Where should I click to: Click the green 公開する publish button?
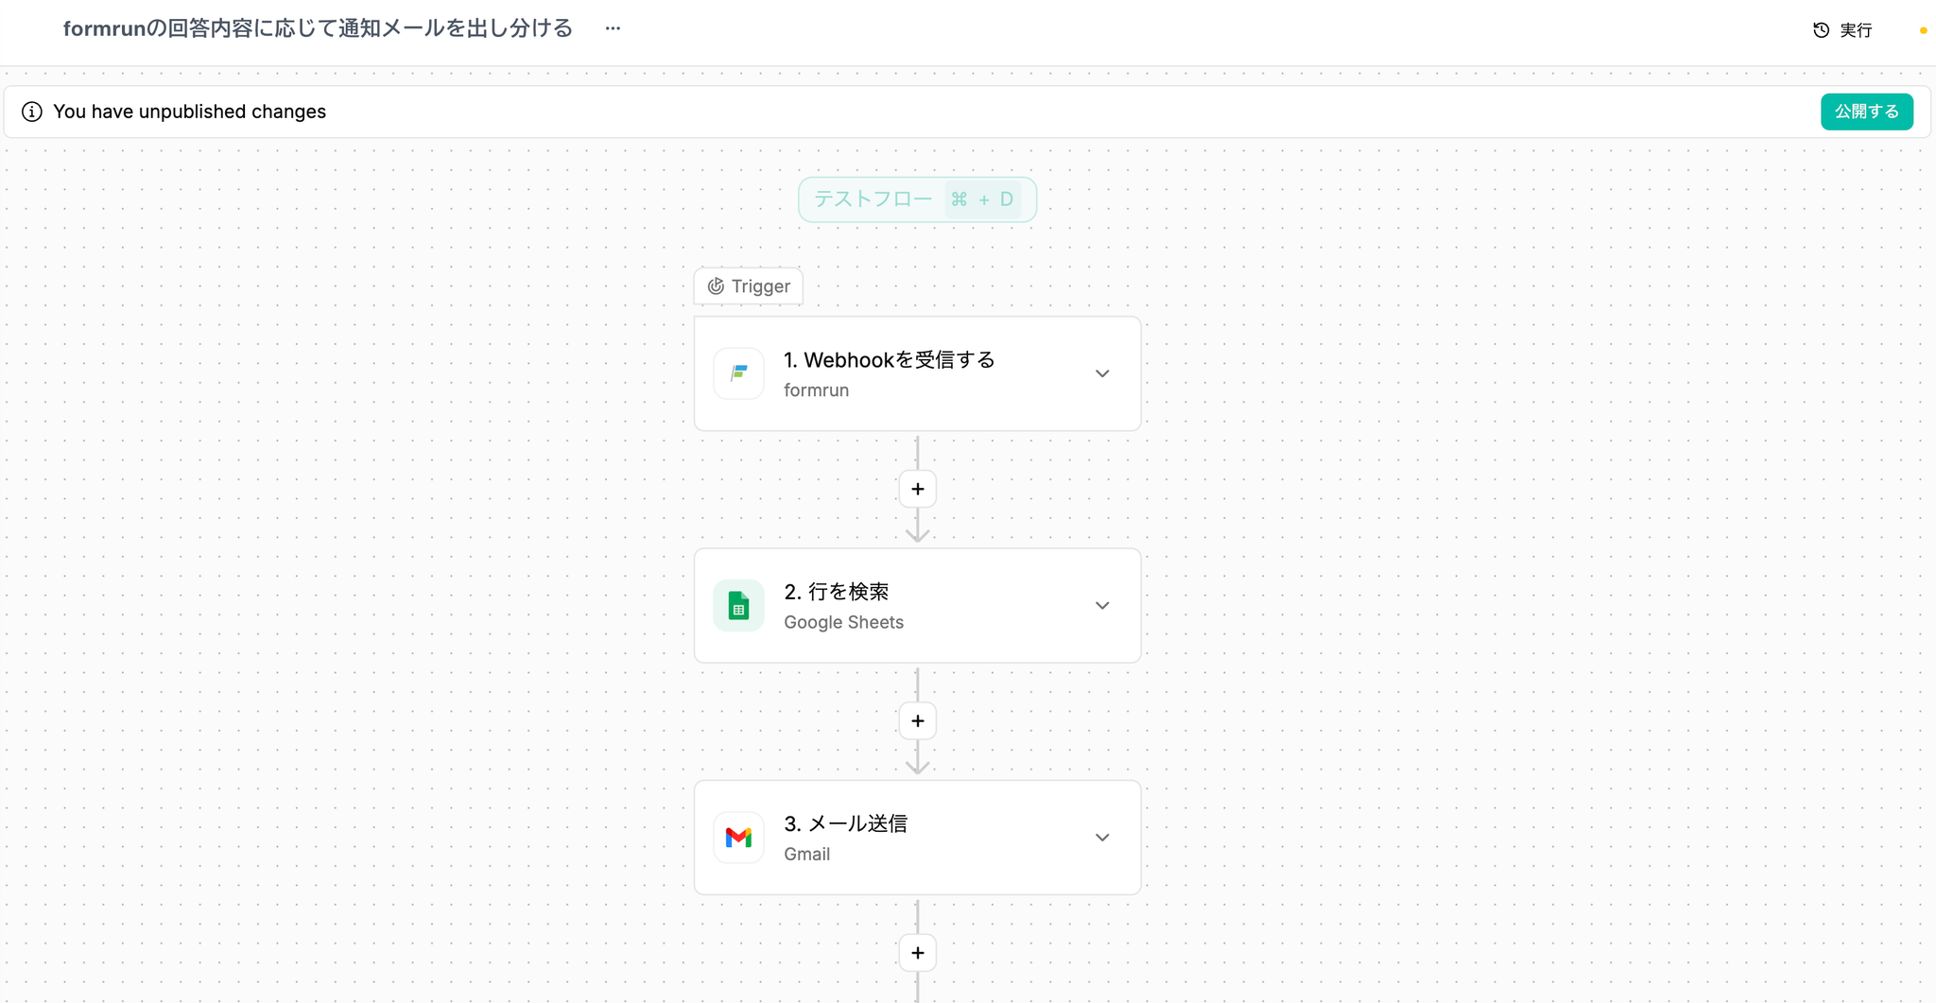click(1866, 112)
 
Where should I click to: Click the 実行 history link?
click(1842, 30)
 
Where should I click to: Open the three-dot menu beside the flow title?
click(613, 28)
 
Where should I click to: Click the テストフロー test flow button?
click(917, 199)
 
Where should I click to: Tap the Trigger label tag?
click(749, 286)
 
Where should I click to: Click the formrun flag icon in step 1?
click(738, 373)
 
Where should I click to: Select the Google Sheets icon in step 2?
click(738, 605)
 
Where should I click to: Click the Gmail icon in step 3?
click(738, 838)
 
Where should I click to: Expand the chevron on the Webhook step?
click(1102, 373)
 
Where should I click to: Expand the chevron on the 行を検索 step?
click(1102, 605)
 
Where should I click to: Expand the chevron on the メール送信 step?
click(1102, 838)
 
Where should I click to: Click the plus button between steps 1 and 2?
click(917, 489)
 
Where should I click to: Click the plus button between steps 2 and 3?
click(917, 721)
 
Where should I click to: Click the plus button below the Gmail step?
click(917, 953)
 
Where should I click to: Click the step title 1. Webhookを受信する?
click(889, 360)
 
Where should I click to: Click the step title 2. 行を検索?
click(837, 592)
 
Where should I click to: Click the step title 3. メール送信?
click(845, 823)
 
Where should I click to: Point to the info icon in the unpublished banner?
click(32, 112)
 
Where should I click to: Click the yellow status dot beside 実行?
click(1923, 30)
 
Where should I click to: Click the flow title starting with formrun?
click(318, 28)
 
